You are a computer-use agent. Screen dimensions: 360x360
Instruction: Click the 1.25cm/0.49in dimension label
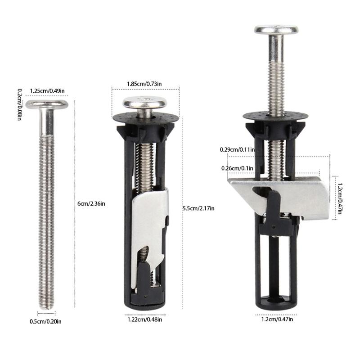coord(47,91)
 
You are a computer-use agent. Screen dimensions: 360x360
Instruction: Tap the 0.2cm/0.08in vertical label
coord(20,104)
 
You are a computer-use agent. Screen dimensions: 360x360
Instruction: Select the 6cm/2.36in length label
coord(91,203)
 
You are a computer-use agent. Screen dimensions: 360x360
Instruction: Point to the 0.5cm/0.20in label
coord(45,321)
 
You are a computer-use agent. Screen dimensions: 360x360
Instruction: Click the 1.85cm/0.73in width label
coord(144,84)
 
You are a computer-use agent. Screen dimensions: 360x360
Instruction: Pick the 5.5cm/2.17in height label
coord(198,208)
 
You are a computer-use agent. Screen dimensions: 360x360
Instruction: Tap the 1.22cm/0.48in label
coord(144,319)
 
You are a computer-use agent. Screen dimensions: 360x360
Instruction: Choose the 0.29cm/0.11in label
coord(237,150)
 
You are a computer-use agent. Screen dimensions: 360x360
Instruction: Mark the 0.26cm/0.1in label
coord(237,168)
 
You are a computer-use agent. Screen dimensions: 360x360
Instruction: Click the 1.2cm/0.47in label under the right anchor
coord(277,319)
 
